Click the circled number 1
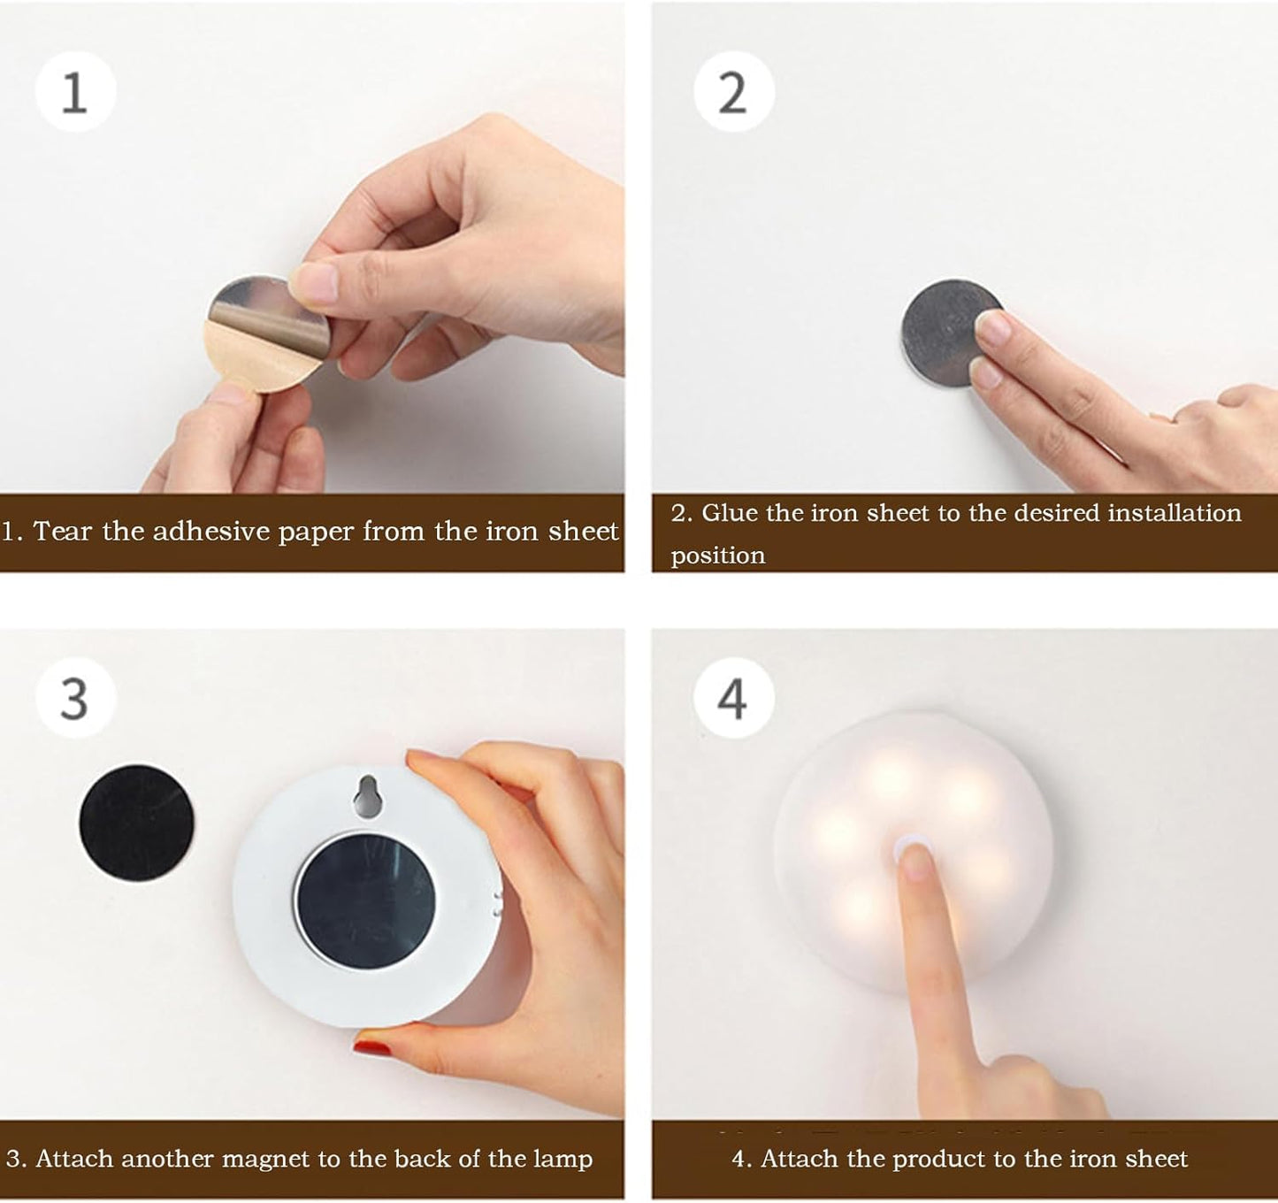(75, 92)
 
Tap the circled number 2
(733, 92)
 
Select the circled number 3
(75, 699)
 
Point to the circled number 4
(733, 699)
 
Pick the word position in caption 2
(717, 556)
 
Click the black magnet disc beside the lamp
(136, 823)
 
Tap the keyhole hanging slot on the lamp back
(367, 795)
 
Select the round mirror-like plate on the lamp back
(364, 900)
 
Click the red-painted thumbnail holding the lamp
(372, 1048)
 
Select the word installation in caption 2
(1175, 513)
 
